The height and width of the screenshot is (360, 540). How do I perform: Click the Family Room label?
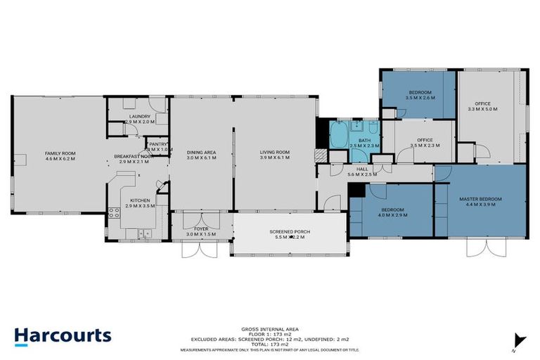60,153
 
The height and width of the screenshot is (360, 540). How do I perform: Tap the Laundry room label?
138,117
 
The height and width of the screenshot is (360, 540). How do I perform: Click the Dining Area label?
200,153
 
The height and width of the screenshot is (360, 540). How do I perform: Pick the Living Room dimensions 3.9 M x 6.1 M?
275,158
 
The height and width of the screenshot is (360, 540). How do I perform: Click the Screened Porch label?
289,232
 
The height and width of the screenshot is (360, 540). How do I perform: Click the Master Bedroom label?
480,199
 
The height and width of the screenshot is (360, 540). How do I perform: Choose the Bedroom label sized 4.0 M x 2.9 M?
392,210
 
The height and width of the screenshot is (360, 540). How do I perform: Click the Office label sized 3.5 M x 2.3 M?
424,140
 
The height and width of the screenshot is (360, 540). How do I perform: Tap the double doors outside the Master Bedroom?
484,247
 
